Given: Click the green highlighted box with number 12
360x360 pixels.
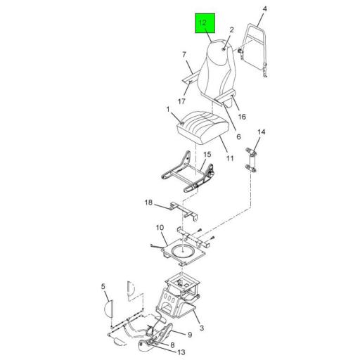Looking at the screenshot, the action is coord(205,23).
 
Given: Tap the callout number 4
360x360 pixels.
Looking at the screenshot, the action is coord(264,9).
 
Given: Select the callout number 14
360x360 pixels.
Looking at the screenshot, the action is coord(262,132).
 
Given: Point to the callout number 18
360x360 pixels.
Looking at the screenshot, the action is coord(148,202).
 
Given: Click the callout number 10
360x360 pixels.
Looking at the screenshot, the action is coord(160,228).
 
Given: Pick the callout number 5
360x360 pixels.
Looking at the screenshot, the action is coord(103,286).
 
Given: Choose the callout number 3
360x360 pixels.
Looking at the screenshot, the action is coord(202,328).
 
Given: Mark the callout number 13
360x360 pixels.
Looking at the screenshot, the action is coord(181,352).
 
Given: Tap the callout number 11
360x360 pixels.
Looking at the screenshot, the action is coord(230,158).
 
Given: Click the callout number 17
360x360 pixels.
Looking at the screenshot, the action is coord(181,101).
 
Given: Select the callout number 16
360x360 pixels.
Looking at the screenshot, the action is coord(242,117).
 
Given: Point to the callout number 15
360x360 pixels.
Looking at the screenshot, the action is coord(207,155).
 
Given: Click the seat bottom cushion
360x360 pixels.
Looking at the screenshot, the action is coord(202,127).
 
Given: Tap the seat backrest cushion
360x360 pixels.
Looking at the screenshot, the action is coord(216,68).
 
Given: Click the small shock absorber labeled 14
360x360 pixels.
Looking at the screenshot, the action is coord(251,161).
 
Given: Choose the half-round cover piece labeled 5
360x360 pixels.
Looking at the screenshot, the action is coord(109,309).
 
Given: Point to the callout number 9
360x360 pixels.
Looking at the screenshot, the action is coord(190,335).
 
